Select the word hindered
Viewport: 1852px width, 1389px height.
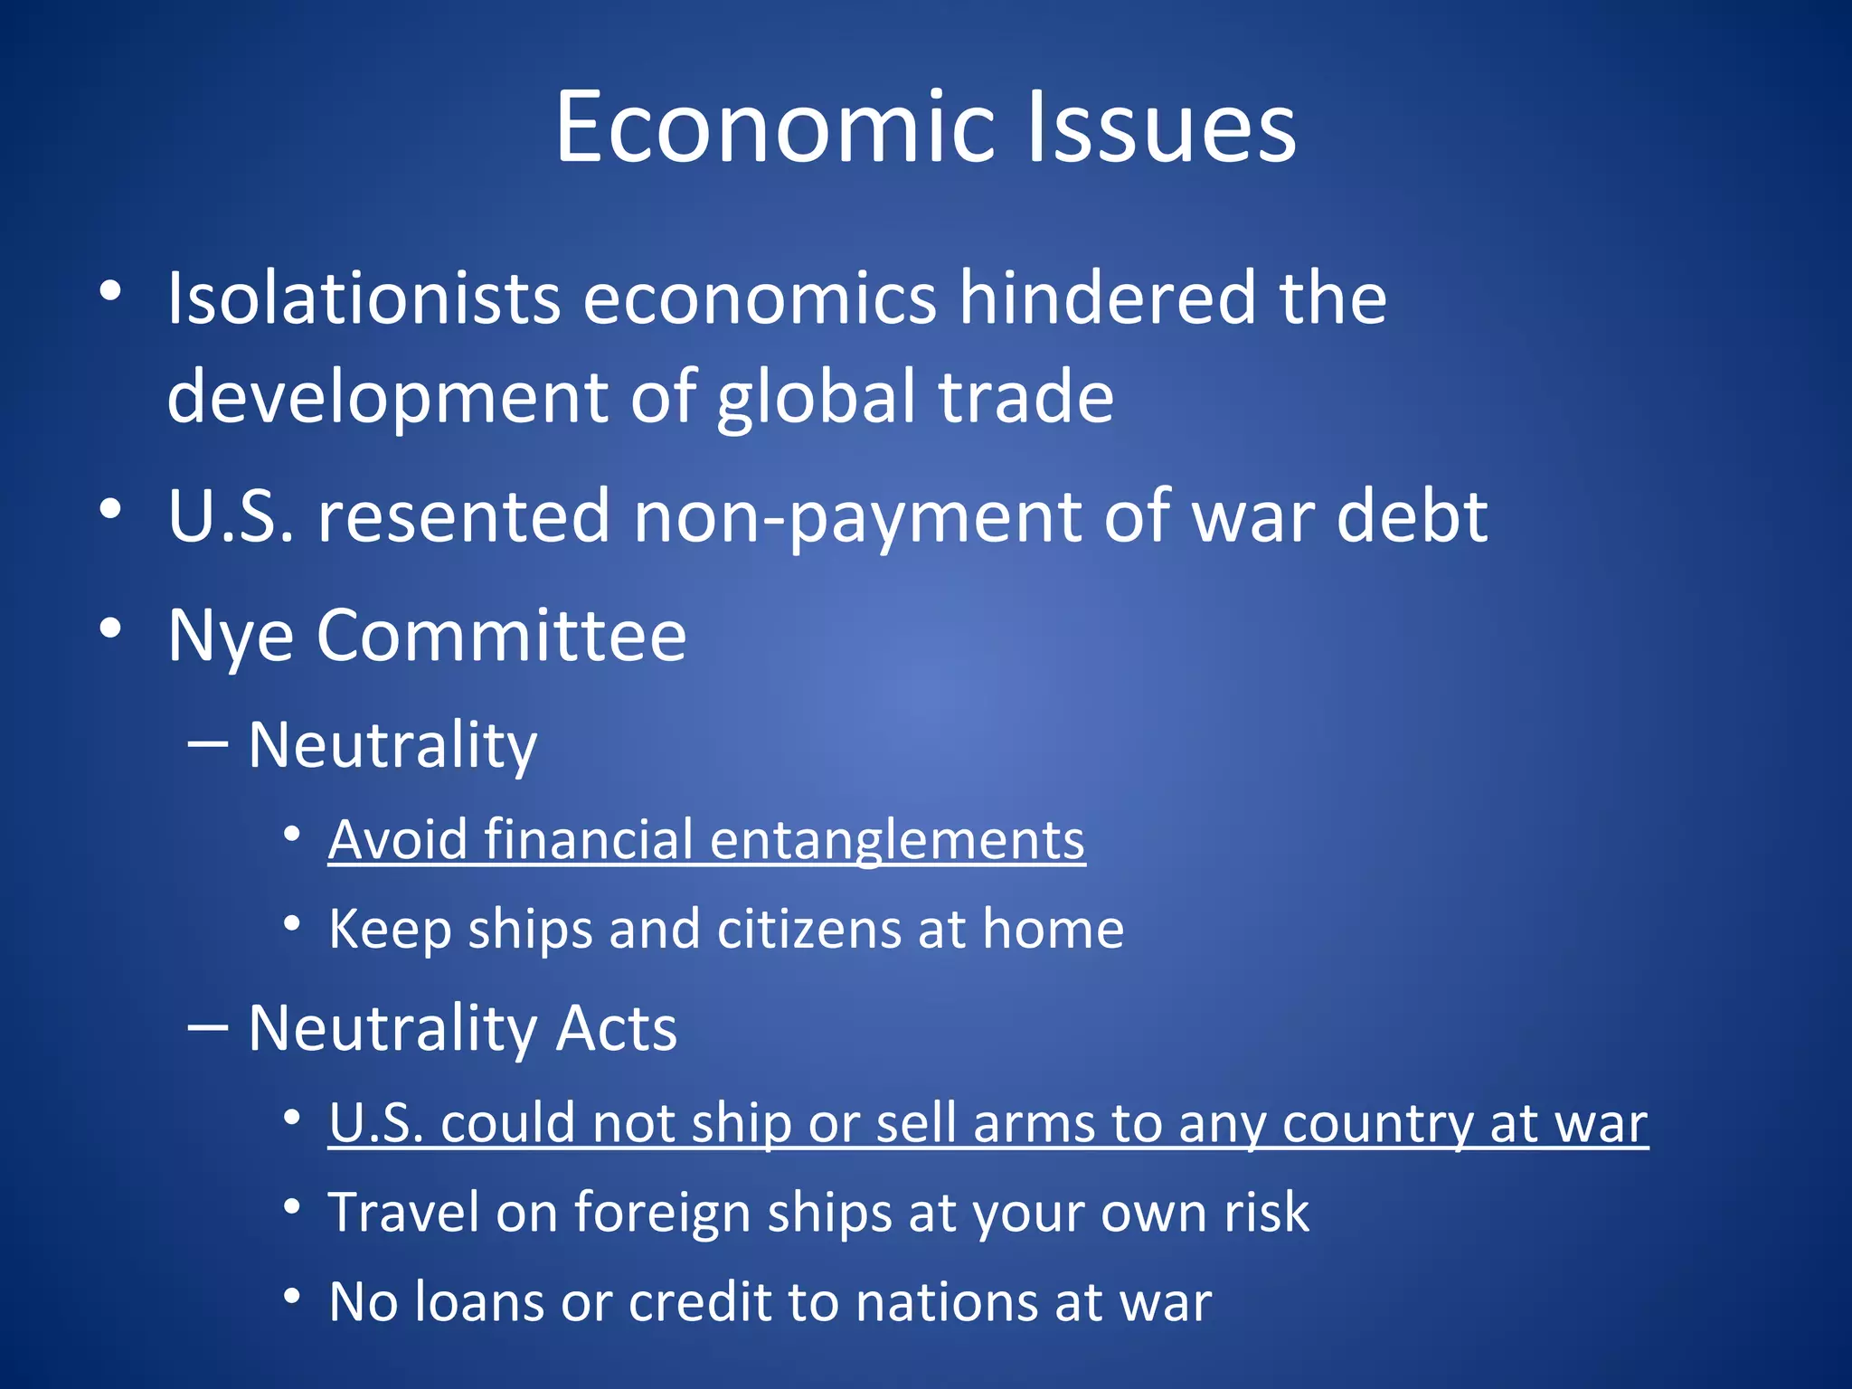coord(1108,298)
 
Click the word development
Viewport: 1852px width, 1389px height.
coord(388,398)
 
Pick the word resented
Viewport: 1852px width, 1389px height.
coord(462,516)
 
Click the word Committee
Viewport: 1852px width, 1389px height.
coord(501,636)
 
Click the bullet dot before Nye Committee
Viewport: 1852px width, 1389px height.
coord(110,628)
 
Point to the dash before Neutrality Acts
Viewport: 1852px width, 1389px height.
coord(207,1027)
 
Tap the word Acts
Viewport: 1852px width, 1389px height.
coord(616,1028)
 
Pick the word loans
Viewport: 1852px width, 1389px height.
coord(480,1302)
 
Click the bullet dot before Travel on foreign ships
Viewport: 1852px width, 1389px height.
coord(291,1206)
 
